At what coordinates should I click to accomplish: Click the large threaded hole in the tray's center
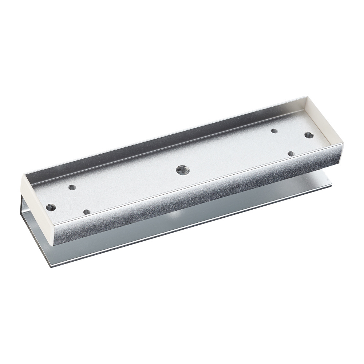click(181, 169)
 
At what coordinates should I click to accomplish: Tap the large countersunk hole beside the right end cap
click(309, 135)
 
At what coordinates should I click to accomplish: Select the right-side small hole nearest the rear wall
click(274, 130)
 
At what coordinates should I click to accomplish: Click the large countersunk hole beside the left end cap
click(50, 207)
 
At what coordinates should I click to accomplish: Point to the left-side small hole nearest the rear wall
click(72, 187)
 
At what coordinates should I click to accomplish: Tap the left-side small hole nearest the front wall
click(86, 211)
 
